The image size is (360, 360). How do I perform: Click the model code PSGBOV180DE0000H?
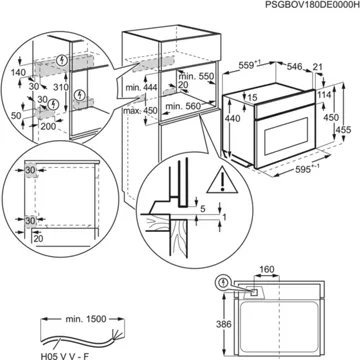pyautogui.click(x=297, y=7)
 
